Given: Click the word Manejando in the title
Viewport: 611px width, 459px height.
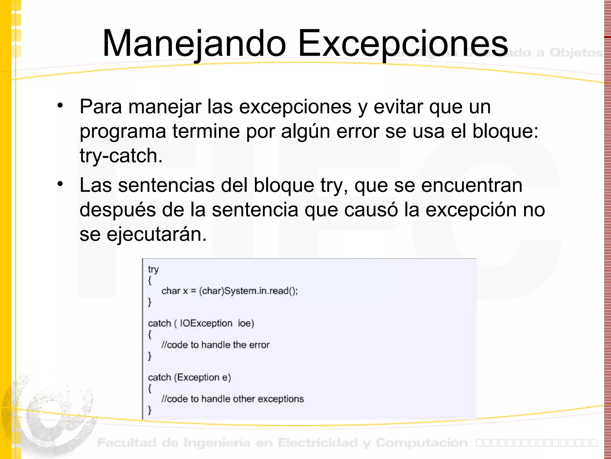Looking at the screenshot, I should click(194, 44).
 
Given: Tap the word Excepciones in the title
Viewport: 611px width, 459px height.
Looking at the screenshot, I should click(403, 44).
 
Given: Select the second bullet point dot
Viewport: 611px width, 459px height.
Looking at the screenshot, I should click(61, 183).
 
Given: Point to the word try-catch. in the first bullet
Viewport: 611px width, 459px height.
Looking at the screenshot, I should click(121, 156).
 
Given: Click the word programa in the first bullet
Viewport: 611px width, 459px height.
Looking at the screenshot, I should click(123, 131).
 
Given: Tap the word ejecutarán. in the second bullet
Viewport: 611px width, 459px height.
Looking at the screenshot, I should click(156, 234).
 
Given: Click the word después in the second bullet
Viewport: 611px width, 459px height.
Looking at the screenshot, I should click(118, 210).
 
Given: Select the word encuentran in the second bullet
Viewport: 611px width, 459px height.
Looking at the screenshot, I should click(472, 185).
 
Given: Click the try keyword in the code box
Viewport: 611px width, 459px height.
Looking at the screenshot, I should click(153, 270).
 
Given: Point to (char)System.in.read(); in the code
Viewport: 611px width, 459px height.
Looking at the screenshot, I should click(248, 291).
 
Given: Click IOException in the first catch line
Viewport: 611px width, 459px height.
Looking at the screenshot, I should click(206, 323).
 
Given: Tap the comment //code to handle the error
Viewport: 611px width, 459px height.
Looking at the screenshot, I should click(215, 345).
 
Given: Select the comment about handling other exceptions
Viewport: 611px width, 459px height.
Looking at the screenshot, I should click(233, 399).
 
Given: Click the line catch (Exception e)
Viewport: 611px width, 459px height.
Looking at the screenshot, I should click(189, 377).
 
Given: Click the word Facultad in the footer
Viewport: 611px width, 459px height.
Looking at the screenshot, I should click(127, 443).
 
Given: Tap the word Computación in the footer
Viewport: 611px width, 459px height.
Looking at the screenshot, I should click(422, 443).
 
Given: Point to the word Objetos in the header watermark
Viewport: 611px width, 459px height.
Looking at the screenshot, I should click(576, 53).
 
